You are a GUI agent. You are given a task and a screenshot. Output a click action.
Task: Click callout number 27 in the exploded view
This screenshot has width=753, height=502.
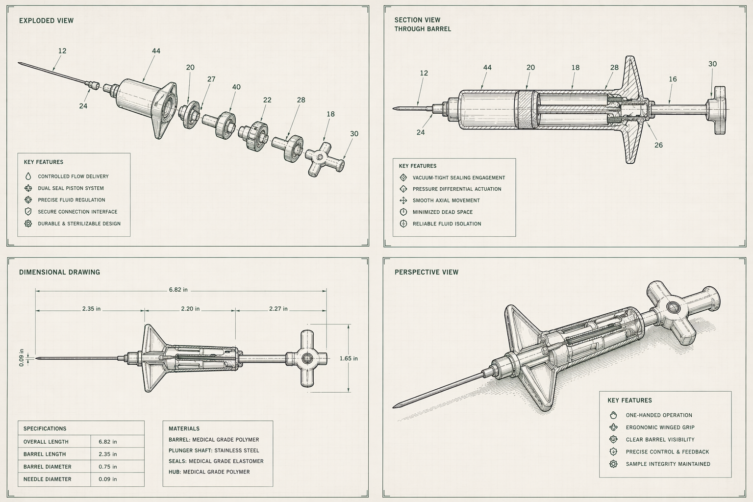(211, 79)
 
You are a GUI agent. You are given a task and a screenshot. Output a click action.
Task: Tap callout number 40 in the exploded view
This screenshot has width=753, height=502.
(236, 87)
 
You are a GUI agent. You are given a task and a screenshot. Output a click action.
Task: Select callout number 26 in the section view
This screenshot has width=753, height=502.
(658, 145)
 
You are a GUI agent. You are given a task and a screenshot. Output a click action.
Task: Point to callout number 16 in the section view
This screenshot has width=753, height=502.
(673, 79)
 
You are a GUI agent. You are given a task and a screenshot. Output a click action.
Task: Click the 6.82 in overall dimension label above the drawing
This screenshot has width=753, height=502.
(178, 290)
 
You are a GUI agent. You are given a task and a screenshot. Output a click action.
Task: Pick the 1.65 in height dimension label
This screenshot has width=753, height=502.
(349, 358)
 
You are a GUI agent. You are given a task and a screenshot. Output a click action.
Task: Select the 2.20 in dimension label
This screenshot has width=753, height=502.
(190, 309)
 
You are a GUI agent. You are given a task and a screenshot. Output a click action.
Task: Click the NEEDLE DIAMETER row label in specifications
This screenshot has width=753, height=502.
(48, 479)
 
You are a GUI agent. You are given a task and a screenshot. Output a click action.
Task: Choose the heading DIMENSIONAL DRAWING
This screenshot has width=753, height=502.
(59, 272)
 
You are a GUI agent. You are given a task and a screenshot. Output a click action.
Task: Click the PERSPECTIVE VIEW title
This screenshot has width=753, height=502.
(427, 272)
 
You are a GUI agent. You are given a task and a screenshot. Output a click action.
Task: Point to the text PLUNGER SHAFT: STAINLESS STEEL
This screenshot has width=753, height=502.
(214, 451)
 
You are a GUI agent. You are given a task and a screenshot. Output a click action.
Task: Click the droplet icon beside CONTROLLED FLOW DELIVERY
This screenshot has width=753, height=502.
(28, 176)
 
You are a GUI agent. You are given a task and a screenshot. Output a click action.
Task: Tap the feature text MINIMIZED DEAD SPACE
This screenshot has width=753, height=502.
(443, 212)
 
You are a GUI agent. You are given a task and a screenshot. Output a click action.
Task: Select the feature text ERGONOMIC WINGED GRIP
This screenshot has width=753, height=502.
(660, 427)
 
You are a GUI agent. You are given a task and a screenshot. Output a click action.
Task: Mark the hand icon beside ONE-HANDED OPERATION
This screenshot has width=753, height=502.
(613, 415)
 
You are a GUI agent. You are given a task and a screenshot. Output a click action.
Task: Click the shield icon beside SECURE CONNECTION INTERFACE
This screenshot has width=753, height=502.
(28, 212)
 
